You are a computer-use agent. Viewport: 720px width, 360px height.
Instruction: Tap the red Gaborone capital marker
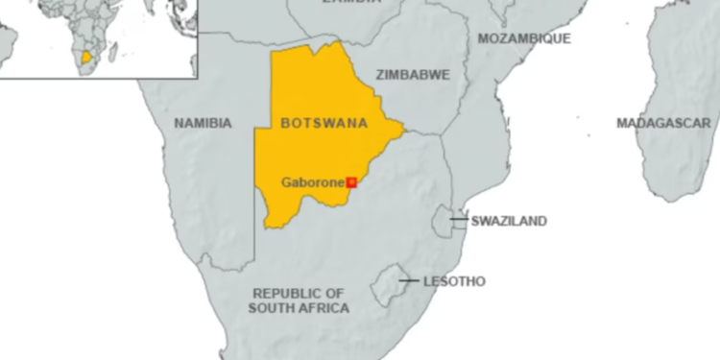coord(351,181)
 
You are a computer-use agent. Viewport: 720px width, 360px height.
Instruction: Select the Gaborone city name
coord(312,181)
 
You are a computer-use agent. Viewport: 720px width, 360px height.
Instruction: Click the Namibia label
coord(203,123)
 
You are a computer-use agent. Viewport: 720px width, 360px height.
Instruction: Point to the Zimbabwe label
coord(413,74)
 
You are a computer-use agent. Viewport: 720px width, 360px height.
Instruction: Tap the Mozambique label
coord(523,38)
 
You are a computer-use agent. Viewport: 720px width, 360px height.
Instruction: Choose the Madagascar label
coord(663,123)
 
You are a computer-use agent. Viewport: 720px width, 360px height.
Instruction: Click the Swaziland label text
coord(509,221)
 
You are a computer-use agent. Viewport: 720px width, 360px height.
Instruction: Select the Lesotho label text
coord(454,281)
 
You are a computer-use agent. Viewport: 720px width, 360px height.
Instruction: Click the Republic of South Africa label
coord(299,300)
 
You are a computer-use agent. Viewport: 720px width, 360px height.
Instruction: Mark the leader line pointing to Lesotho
coord(409,281)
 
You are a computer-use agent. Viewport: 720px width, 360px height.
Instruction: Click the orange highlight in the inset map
coord(89,57)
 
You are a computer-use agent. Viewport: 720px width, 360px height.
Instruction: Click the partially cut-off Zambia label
coord(347,3)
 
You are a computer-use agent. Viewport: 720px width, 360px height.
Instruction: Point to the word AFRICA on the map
coord(324,308)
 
